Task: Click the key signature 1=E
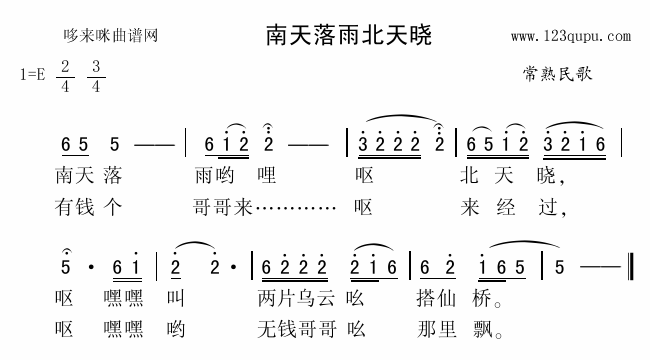coord(34,75)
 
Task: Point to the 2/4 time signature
coord(66,76)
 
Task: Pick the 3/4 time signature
coord(96,76)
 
